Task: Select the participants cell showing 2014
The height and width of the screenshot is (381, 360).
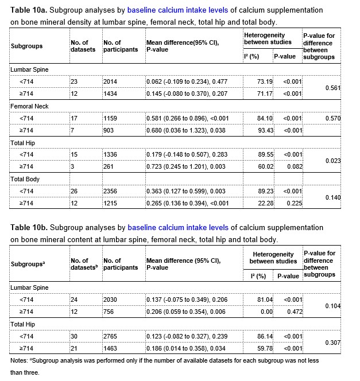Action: (110, 82)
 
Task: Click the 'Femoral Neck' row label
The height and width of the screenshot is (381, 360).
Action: (29, 106)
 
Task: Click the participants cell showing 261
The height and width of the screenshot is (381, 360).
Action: (109, 166)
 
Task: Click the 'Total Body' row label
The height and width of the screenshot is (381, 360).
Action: (26, 179)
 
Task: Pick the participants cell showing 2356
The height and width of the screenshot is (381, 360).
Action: (110, 191)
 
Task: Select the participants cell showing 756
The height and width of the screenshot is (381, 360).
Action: (109, 311)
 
